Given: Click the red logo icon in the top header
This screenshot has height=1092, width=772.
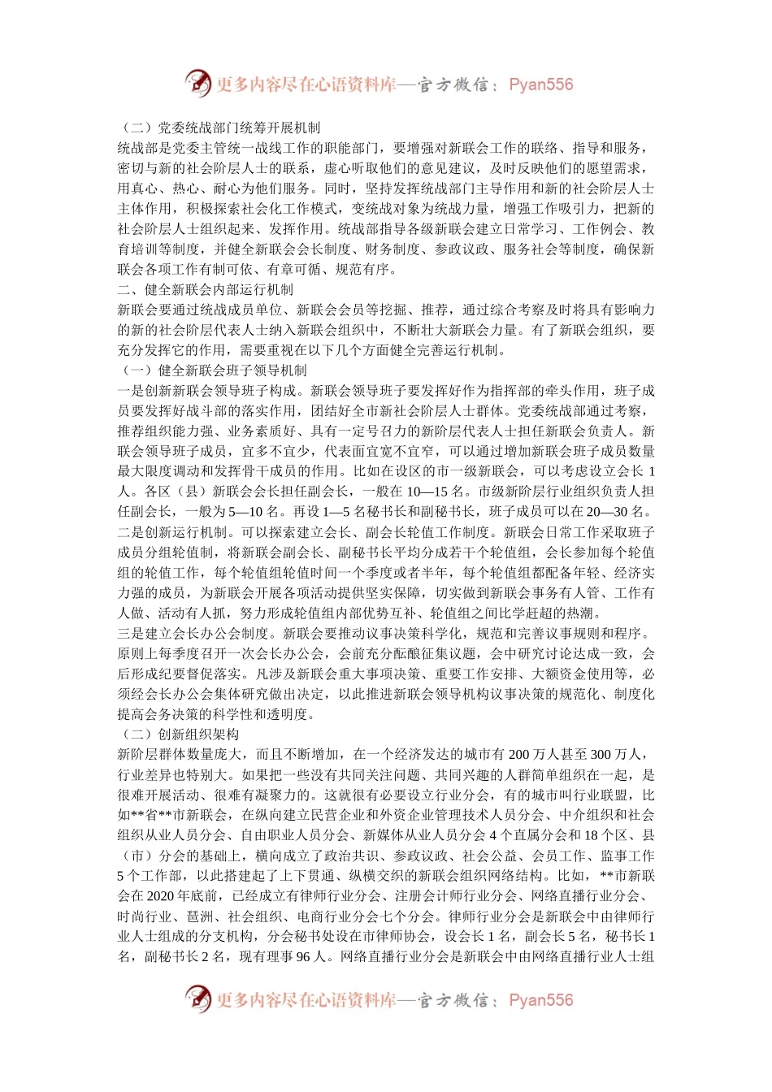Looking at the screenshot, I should click(x=197, y=83).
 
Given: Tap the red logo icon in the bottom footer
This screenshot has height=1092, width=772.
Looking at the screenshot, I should click(x=197, y=999).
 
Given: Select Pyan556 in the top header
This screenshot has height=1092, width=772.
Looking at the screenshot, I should click(x=540, y=84).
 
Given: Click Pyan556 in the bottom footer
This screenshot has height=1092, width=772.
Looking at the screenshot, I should click(x=540, y=1000).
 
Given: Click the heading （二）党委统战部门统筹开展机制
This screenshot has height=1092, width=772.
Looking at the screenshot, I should click(x=219, y=128).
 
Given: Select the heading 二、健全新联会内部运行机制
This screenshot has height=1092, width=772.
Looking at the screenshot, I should click(x=206, y=289).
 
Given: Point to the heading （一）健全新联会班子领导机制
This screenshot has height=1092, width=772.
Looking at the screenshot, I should click(x=212, y=370).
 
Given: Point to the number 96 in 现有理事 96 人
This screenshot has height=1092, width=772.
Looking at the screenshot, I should click(x=303, y=956).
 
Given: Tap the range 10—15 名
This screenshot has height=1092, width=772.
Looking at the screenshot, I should click(x=432, y=492).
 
